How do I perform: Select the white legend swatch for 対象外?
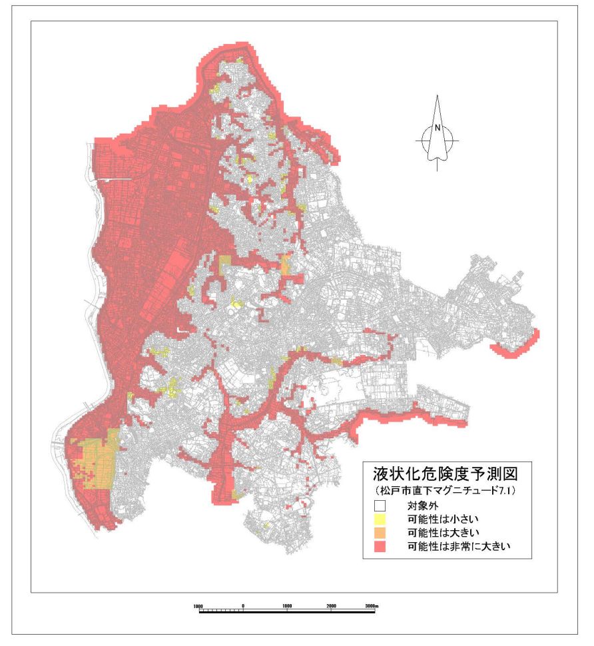(x=380, y=506)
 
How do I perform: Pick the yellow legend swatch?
(x=380, y=519)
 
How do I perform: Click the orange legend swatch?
(x=380, y=533)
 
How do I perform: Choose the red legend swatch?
(x=380, y=547)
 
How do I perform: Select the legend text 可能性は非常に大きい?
(x=457, y=547)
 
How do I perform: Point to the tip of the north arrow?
(x=438, y=97)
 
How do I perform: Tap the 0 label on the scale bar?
(x=243, y=605)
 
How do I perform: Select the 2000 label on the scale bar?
(x=331, y=605)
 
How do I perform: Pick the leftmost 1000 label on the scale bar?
(x=198, y=605)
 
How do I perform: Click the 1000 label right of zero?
(x=287, y=605)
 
